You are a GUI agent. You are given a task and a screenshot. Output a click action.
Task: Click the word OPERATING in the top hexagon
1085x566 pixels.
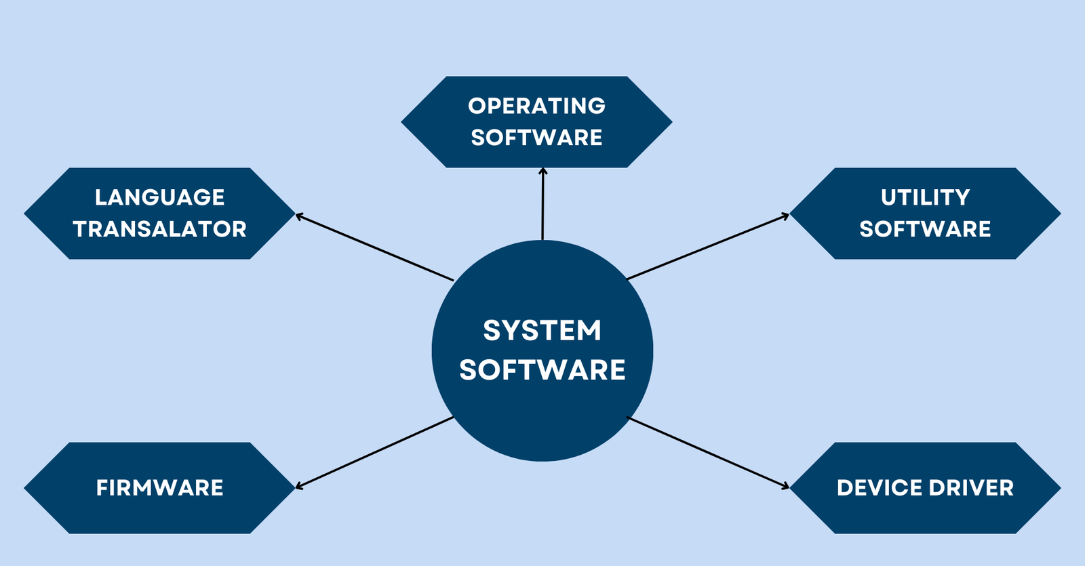[536, 106]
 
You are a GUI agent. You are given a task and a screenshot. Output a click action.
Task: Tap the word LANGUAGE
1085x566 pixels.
[160, 197]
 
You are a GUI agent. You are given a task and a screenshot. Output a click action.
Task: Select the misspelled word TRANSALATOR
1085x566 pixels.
[160, 229]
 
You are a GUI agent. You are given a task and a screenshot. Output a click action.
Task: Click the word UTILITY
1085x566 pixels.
[925, 197]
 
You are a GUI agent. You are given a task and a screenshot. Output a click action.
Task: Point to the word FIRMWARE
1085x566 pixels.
[160, 487]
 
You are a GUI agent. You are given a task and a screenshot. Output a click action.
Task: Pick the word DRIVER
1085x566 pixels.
[971, 487]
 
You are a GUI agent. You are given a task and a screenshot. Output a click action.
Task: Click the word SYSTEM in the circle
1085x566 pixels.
[542, 330]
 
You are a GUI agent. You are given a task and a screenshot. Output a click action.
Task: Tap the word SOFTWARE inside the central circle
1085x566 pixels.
[542, 370]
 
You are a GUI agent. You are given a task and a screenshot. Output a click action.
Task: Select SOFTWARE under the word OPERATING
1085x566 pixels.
[536, 138]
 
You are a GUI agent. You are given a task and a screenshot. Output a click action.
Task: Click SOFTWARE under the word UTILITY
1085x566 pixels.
[925, 229]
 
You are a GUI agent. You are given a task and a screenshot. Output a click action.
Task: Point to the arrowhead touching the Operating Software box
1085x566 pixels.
[543, 171]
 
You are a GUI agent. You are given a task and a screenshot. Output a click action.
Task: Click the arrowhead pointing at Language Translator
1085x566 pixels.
[299, 216]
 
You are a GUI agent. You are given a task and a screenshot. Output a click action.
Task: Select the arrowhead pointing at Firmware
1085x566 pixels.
[299, 485]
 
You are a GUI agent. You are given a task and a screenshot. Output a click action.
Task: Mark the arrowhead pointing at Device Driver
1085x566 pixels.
[785, 485]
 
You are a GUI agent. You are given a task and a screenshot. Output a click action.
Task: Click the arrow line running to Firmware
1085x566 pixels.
[374, 452]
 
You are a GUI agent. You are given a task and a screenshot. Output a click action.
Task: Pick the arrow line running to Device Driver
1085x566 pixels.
[708, 452]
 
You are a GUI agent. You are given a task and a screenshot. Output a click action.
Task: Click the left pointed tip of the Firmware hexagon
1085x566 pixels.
[24, 488]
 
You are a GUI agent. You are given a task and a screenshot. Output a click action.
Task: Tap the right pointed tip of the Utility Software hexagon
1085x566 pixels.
[1061, 214]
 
